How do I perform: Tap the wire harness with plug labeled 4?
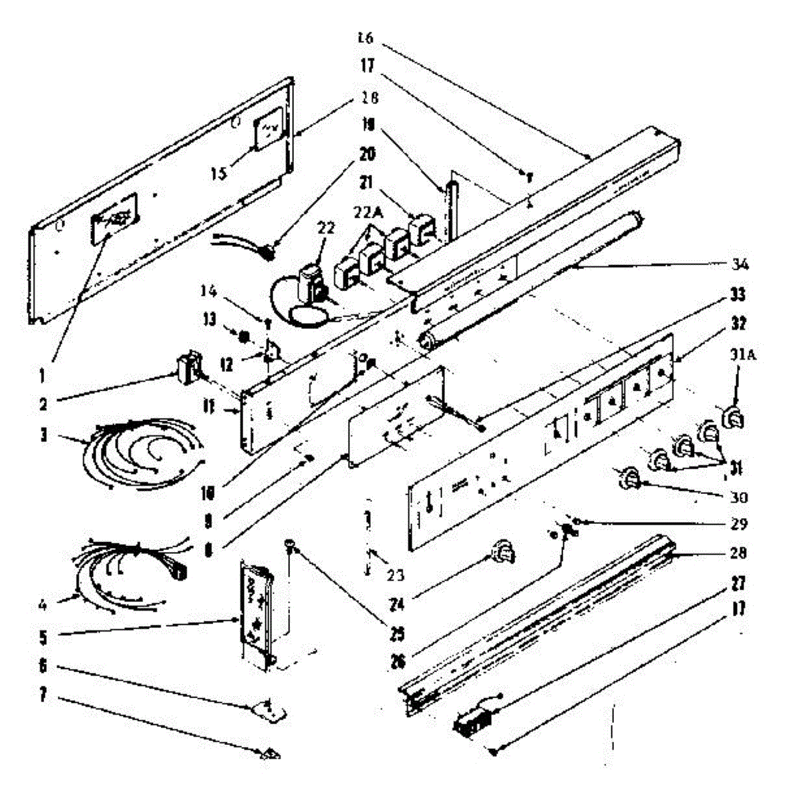point(134,567)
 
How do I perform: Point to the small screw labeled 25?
point(291,546)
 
